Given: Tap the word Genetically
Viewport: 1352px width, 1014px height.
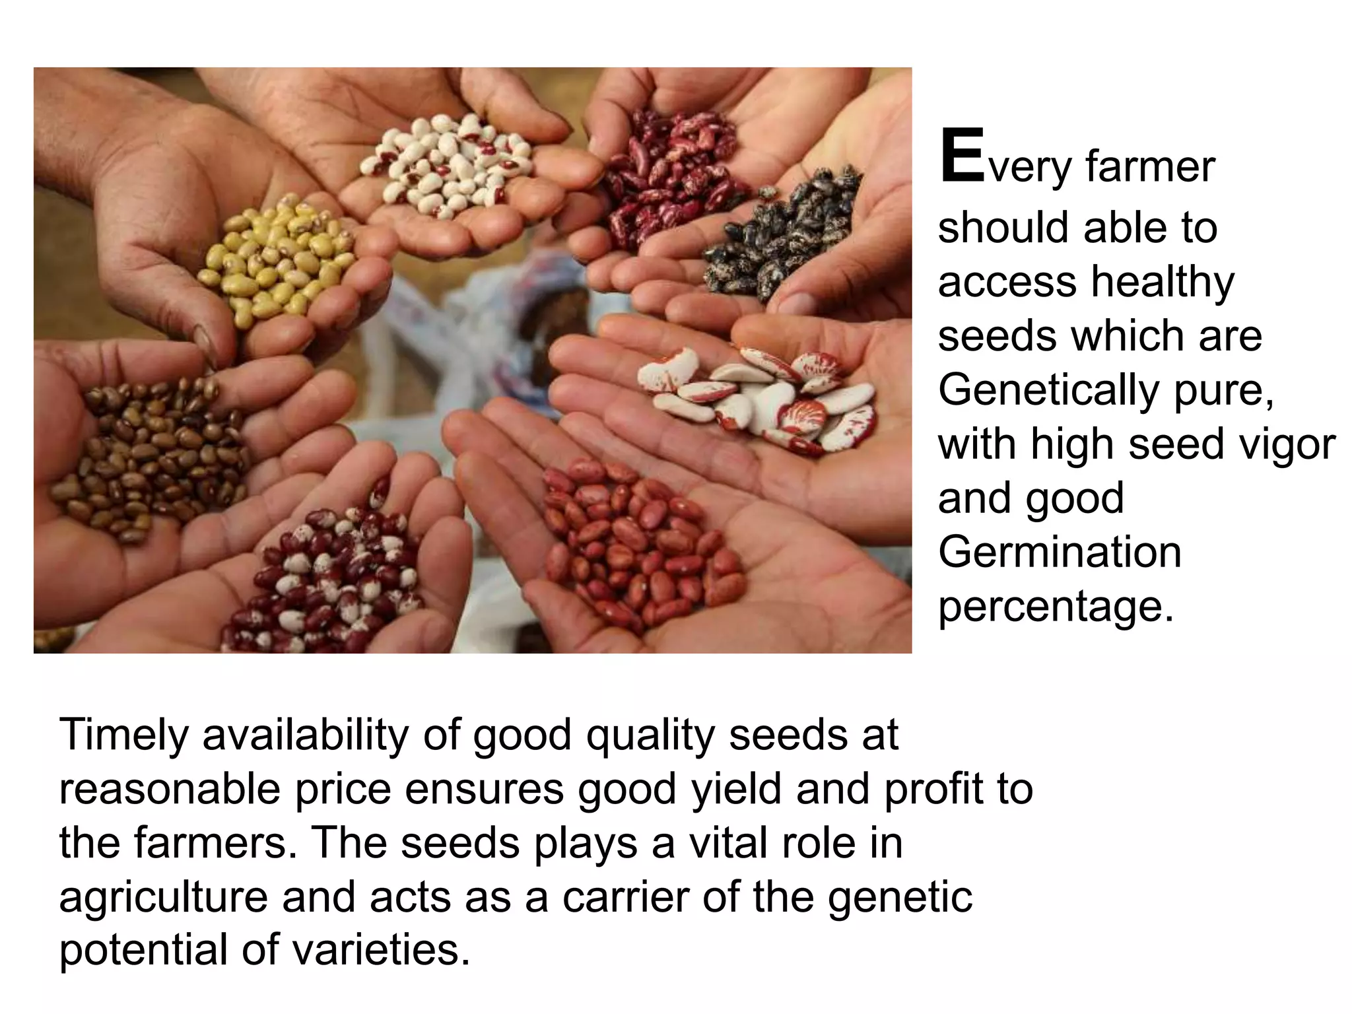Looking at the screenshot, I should [x=1048, y=390].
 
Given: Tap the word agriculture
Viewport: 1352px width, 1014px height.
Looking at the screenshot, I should [x=163, y=897].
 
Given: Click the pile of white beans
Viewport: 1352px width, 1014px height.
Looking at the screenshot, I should [x=449, y=165].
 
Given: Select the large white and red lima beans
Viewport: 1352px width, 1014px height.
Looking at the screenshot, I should [x=759, y=396].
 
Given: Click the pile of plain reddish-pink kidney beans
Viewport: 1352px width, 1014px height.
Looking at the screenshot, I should [x=634, y=541].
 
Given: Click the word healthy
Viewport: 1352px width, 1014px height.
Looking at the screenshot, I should [x=1162, y=282].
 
